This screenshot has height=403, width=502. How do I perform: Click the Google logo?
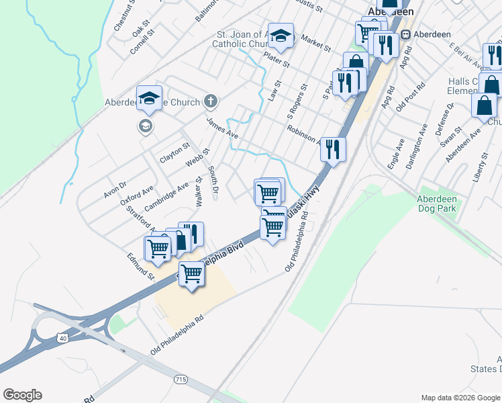coord(22,395)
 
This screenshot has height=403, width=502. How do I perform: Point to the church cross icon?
coord(211,102)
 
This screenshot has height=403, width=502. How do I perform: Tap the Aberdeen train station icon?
coord(405,34)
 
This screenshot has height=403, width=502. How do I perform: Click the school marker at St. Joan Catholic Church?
coord(283,36)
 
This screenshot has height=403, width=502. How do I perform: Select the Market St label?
coord(316,43)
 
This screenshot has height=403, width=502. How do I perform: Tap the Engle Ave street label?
coord(396,153)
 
